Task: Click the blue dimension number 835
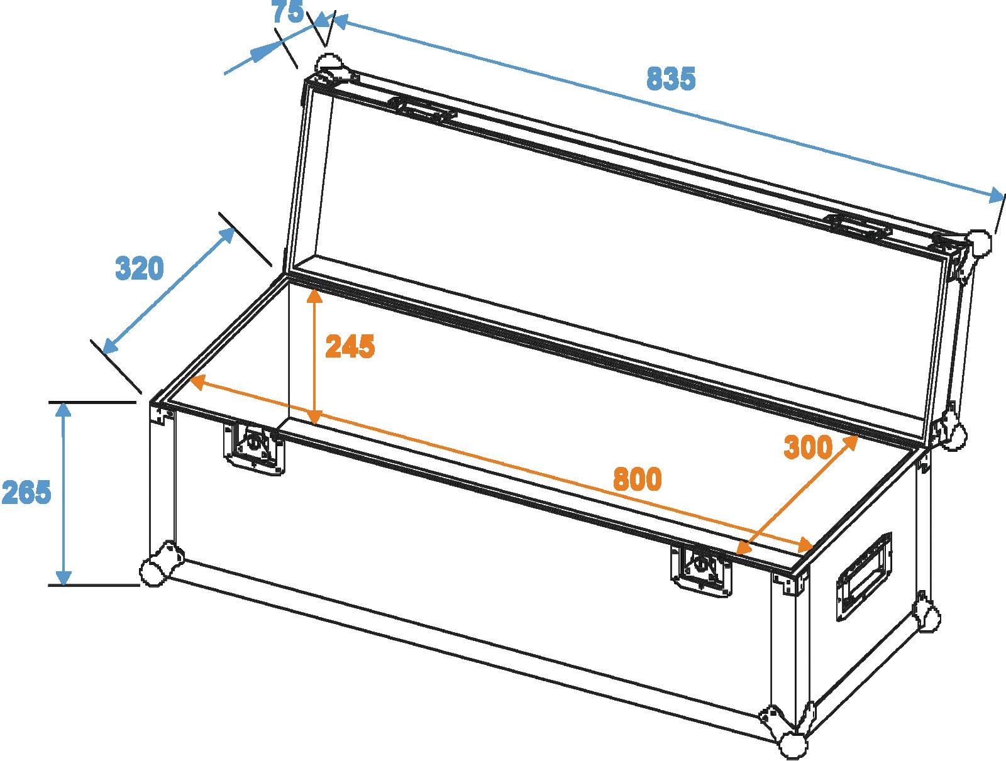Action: [x=670, y=79]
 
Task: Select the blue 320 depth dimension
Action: [x=140, y=268]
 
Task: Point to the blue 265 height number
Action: [x=26, y=493]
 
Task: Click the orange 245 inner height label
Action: [x=350, y=346]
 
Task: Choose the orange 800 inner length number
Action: [x=637, y=479]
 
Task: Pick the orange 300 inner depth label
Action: [x=808, y=447]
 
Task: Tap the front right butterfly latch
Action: [x=701, y=569]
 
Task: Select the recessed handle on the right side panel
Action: [x=864, y=576]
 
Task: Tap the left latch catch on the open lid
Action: [x=422, y=109]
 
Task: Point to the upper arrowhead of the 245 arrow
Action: [x=314, y=296]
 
